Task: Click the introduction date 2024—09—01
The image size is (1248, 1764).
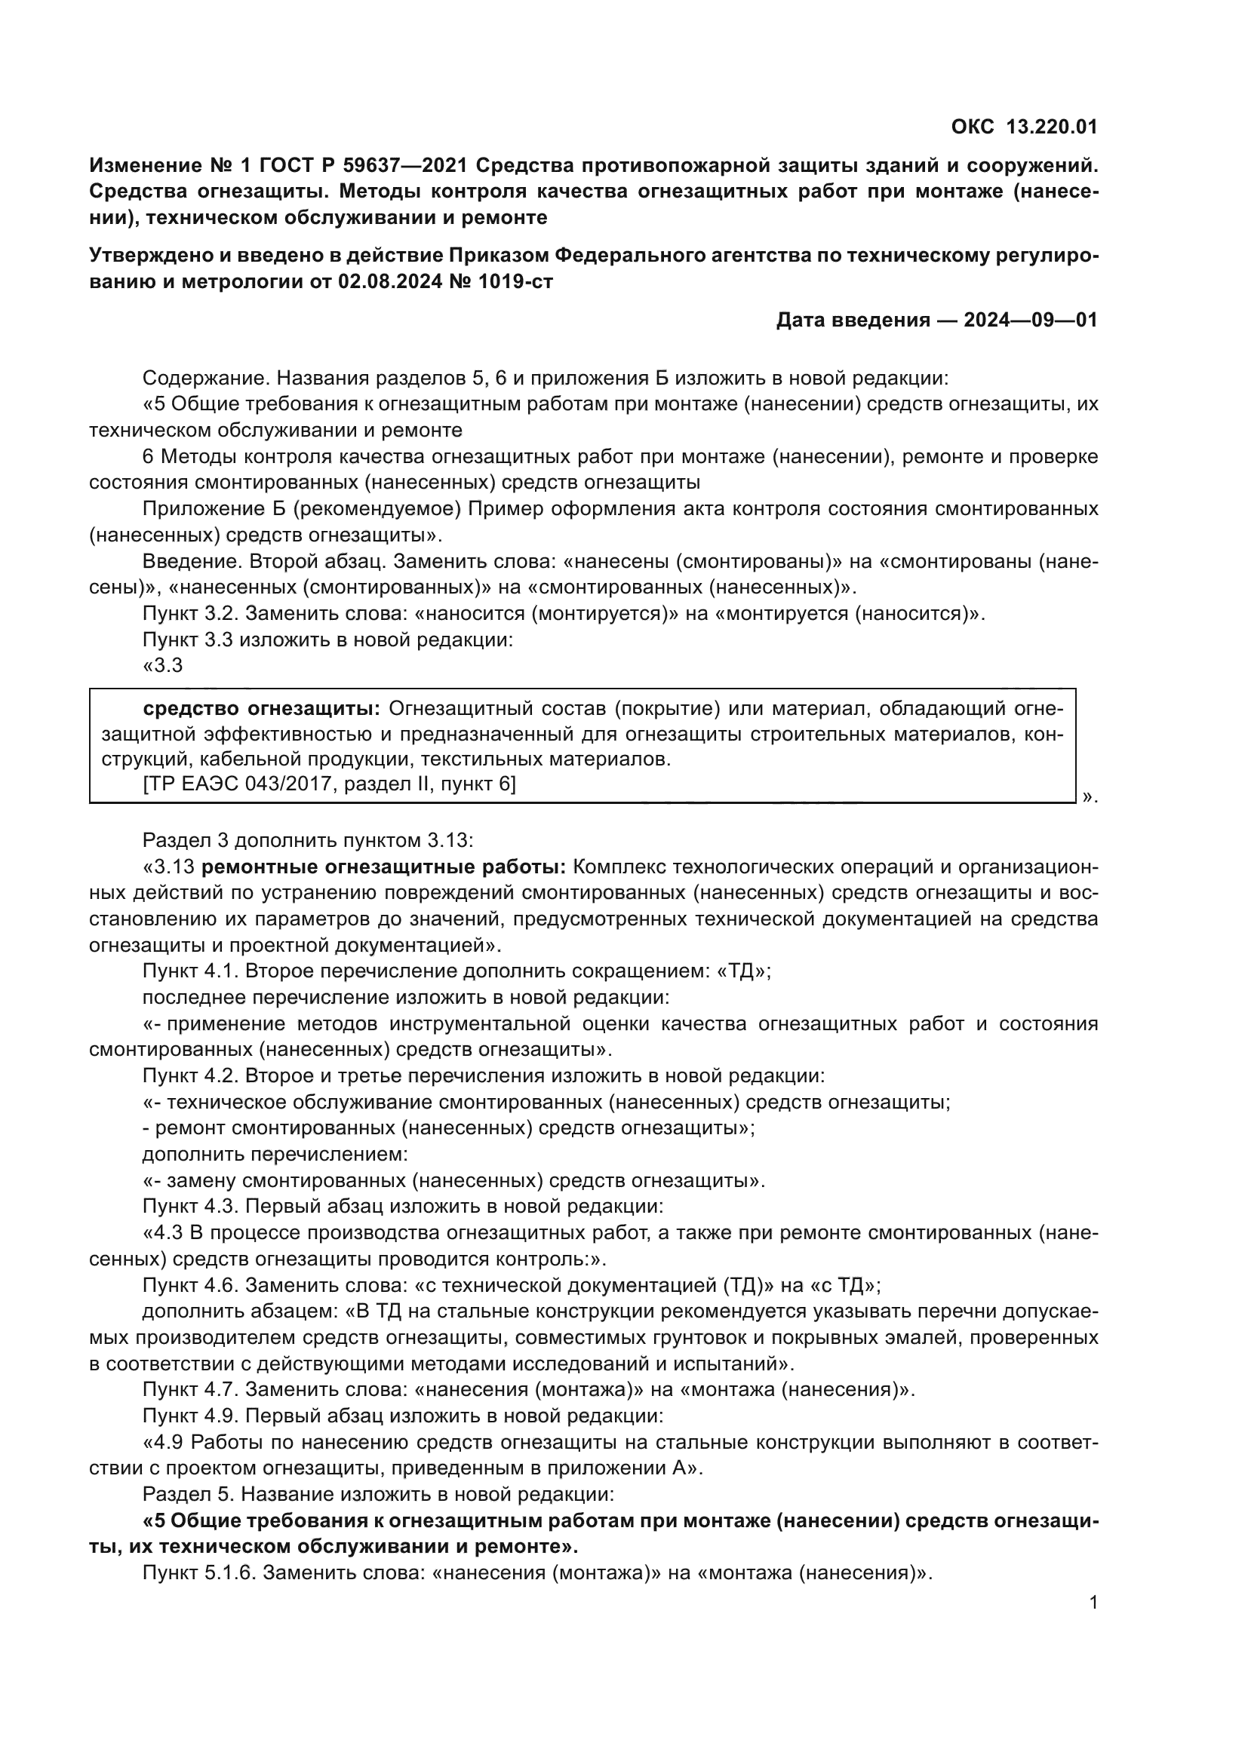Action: (x=1031, y=320)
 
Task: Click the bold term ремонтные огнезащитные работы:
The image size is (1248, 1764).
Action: (x=383, y=867)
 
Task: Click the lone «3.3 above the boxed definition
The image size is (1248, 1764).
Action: (x=163, y=665)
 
